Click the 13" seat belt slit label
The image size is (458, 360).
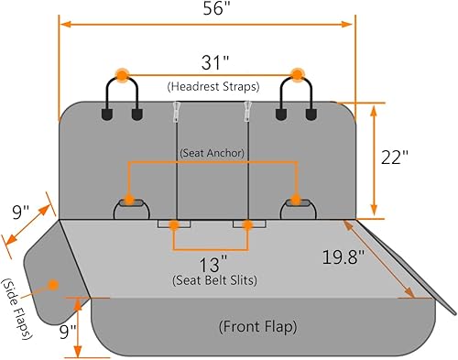tap(210, 263)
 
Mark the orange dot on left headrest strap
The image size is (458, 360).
tap(121, 73)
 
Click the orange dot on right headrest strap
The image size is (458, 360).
tap(297, 73)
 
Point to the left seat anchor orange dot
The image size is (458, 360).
tap(129, 199)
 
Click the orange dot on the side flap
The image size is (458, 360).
tap(53, 284)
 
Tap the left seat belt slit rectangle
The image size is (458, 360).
tap(173, 224)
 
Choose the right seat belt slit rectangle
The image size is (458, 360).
tap(246, 224)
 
